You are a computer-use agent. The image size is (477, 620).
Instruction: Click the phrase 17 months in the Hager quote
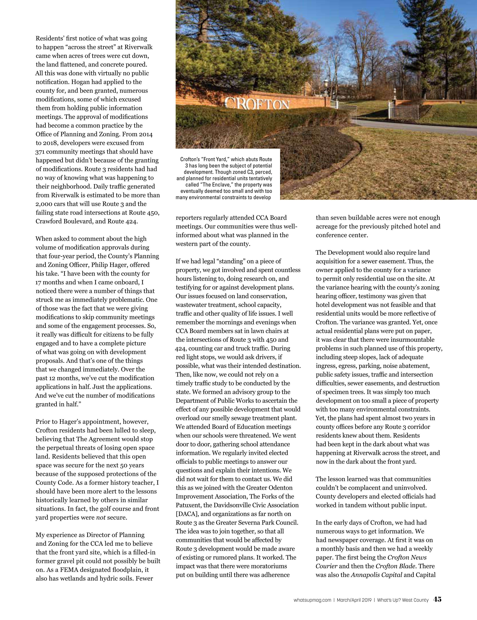48,282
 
